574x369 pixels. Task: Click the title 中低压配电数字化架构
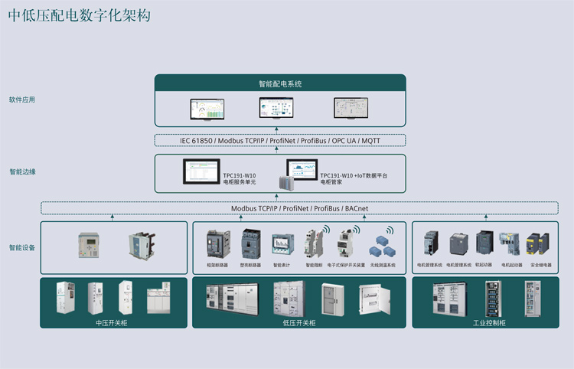coord(80,15)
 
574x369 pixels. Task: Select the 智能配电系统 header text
coord(280,84)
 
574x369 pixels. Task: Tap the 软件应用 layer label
coord(22,100)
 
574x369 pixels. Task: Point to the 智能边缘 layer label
coord(22,172)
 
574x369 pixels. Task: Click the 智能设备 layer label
coord(22,247)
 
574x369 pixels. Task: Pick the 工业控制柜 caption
coord(489,322)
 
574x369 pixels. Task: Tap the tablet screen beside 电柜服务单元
coord(201,172)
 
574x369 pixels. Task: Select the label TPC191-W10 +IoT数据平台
coord(354,175)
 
